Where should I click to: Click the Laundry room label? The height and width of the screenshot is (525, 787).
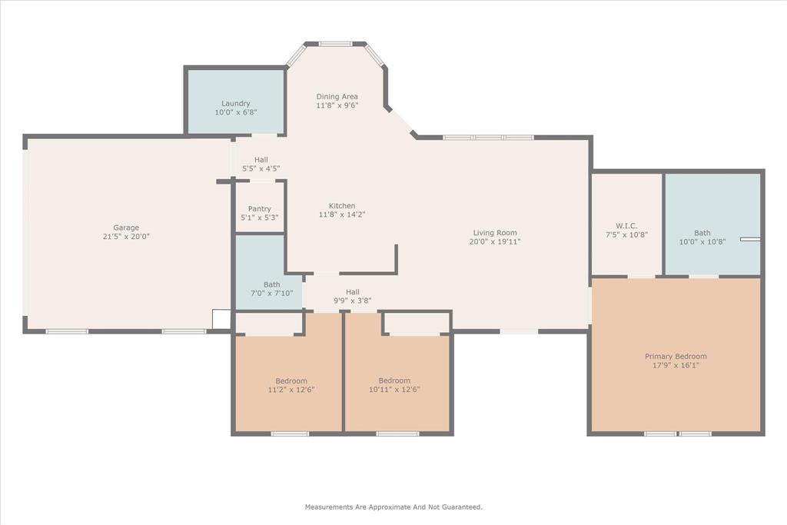click(x=236, y=104)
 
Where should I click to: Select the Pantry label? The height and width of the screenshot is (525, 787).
click(x=259, y=209)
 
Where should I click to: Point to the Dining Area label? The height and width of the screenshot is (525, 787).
click(x=337, y=97)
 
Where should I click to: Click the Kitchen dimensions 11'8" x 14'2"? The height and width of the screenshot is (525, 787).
click(x=342, y=215)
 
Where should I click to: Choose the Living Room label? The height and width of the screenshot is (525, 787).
click(x=494, y=233)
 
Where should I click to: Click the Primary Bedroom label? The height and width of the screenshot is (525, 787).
click(x=675, y=357)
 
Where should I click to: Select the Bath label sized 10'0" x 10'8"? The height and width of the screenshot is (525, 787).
click(x=702, y=233)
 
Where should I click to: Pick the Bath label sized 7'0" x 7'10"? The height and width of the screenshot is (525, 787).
click(x=271, y=284)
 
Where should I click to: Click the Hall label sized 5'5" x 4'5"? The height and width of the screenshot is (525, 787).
click(x=261, y=160)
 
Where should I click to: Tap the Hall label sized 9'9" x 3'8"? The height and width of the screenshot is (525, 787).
click(x=352, y=292)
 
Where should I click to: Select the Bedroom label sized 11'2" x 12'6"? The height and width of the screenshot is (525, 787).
click(x=291, y=381)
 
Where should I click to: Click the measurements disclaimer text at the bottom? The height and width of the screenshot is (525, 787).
click(x=393, y=507)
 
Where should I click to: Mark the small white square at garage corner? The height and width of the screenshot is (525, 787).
click(x=221, y=320)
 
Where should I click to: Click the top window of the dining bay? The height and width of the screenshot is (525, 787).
click(x=335, y=44)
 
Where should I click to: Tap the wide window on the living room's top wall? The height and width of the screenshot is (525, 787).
click(x=488, y=138)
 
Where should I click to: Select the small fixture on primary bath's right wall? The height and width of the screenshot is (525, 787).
click(x=750, y=239)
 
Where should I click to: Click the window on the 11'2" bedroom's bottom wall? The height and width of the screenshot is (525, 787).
click(x=290, y=434)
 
